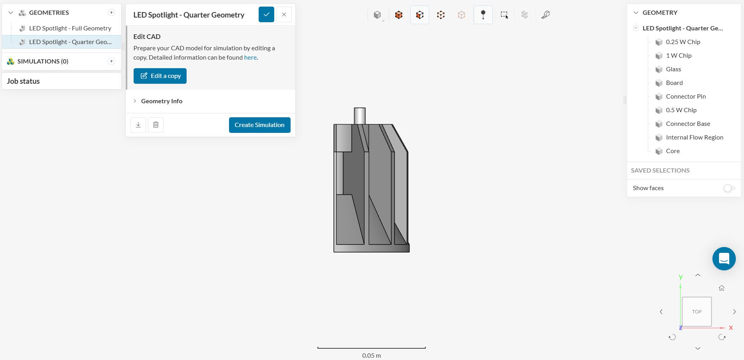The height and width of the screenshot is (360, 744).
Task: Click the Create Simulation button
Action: coord(259,125)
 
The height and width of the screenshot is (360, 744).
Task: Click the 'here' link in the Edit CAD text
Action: coord(250,58)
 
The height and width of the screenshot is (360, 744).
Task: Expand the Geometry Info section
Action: coord(161,101)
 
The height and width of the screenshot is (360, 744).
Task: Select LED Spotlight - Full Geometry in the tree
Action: coord(70,28)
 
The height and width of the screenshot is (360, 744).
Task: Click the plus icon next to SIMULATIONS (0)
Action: coord(111,61)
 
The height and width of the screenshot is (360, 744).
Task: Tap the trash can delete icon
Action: coord(156,125)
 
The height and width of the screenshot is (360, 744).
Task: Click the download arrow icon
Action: coord(138,125)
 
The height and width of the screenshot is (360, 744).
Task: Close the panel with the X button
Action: coord(284,15)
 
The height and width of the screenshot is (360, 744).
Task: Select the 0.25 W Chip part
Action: coord(683,42)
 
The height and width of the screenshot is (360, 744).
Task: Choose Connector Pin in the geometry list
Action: coord(686,97)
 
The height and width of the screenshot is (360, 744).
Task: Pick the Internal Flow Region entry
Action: coord(694,138)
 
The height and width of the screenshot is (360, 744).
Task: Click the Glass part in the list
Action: coord(673,69)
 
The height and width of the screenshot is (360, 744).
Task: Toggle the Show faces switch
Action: coord(729,188)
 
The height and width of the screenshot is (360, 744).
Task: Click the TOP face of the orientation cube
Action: coord(696,312)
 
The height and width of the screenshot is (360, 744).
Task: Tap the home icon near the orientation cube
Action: coord(721,288)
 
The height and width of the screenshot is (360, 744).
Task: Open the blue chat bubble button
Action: coord(724,259)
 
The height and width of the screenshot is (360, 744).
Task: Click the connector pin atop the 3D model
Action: coord(360,116)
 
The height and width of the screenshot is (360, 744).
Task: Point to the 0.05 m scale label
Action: coord(371,355)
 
